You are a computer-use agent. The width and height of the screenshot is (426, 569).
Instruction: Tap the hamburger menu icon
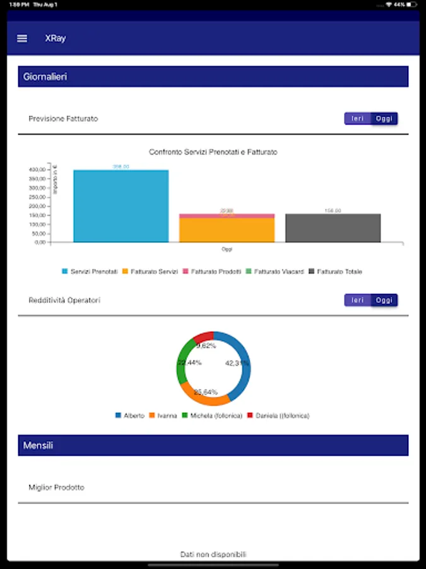coord(22,38)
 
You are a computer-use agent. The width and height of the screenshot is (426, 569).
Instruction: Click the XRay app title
coord(56,38)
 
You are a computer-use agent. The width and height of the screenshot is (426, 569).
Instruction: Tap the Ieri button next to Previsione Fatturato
coord(357,118)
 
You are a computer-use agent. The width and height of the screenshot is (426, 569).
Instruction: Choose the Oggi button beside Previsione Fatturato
coord(384,118)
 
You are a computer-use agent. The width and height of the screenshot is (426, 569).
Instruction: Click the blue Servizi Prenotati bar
coord(121,206)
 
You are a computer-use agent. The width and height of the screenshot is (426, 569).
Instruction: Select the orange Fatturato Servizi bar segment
coord(227,230)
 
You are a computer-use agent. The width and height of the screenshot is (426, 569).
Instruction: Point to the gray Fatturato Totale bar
coord(333,228)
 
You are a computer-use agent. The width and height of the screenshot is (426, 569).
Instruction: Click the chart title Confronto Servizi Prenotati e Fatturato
coord(213,152)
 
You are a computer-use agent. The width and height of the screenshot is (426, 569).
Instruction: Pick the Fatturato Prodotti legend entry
coord(212,271)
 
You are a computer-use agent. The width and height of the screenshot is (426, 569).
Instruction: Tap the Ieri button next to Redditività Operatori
coord(357,300)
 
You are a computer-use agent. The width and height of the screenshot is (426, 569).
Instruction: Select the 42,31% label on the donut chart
coord(237,363)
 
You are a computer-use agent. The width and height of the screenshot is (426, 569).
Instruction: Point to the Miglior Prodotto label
coord(56,487)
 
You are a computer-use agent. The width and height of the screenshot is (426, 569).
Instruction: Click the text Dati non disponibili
coord(213,554)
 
